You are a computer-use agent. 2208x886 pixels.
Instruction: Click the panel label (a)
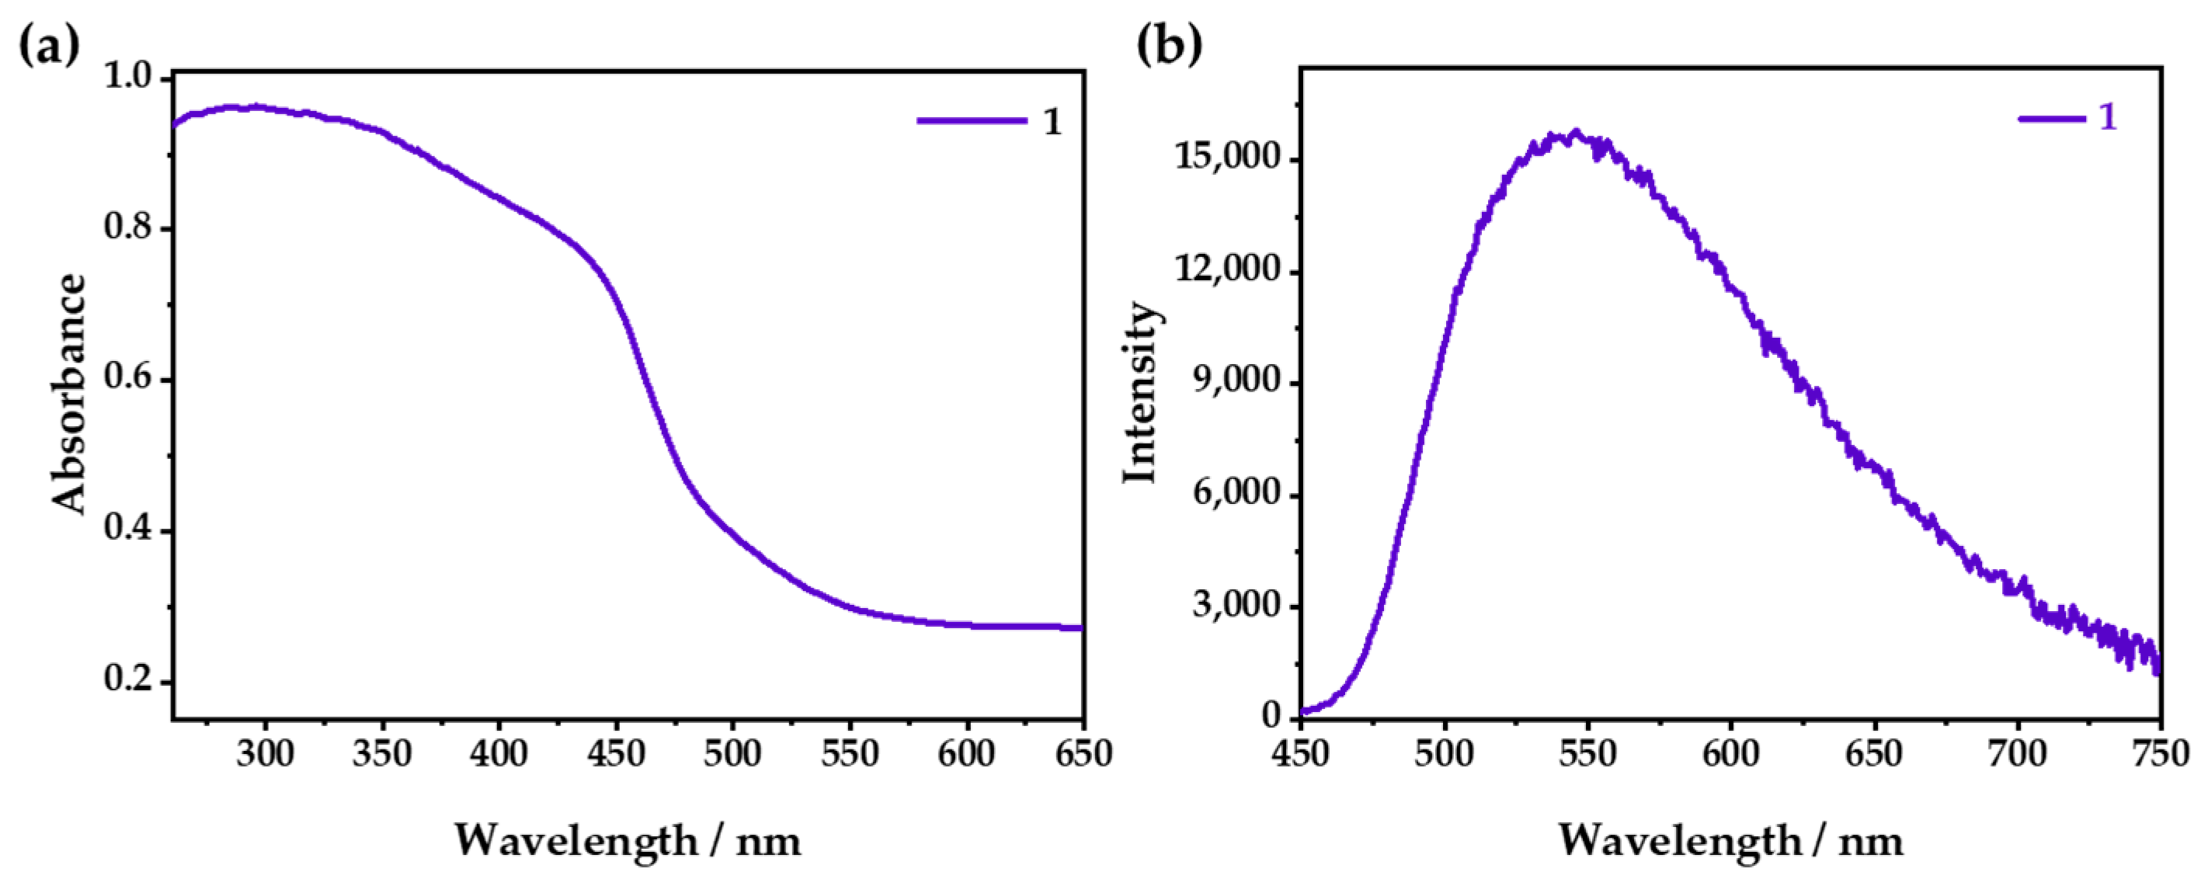[49, 43]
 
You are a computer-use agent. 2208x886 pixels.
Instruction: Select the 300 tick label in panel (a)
[266, 754]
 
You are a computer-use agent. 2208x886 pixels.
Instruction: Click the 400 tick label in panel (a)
[499, 754]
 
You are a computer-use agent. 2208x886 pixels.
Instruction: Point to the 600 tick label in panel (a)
[967, 754]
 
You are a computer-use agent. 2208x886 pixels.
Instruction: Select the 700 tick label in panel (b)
[2017, 754]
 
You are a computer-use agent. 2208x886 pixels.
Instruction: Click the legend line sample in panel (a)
[971, 121]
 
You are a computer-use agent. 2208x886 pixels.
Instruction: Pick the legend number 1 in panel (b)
[2108, 116]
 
